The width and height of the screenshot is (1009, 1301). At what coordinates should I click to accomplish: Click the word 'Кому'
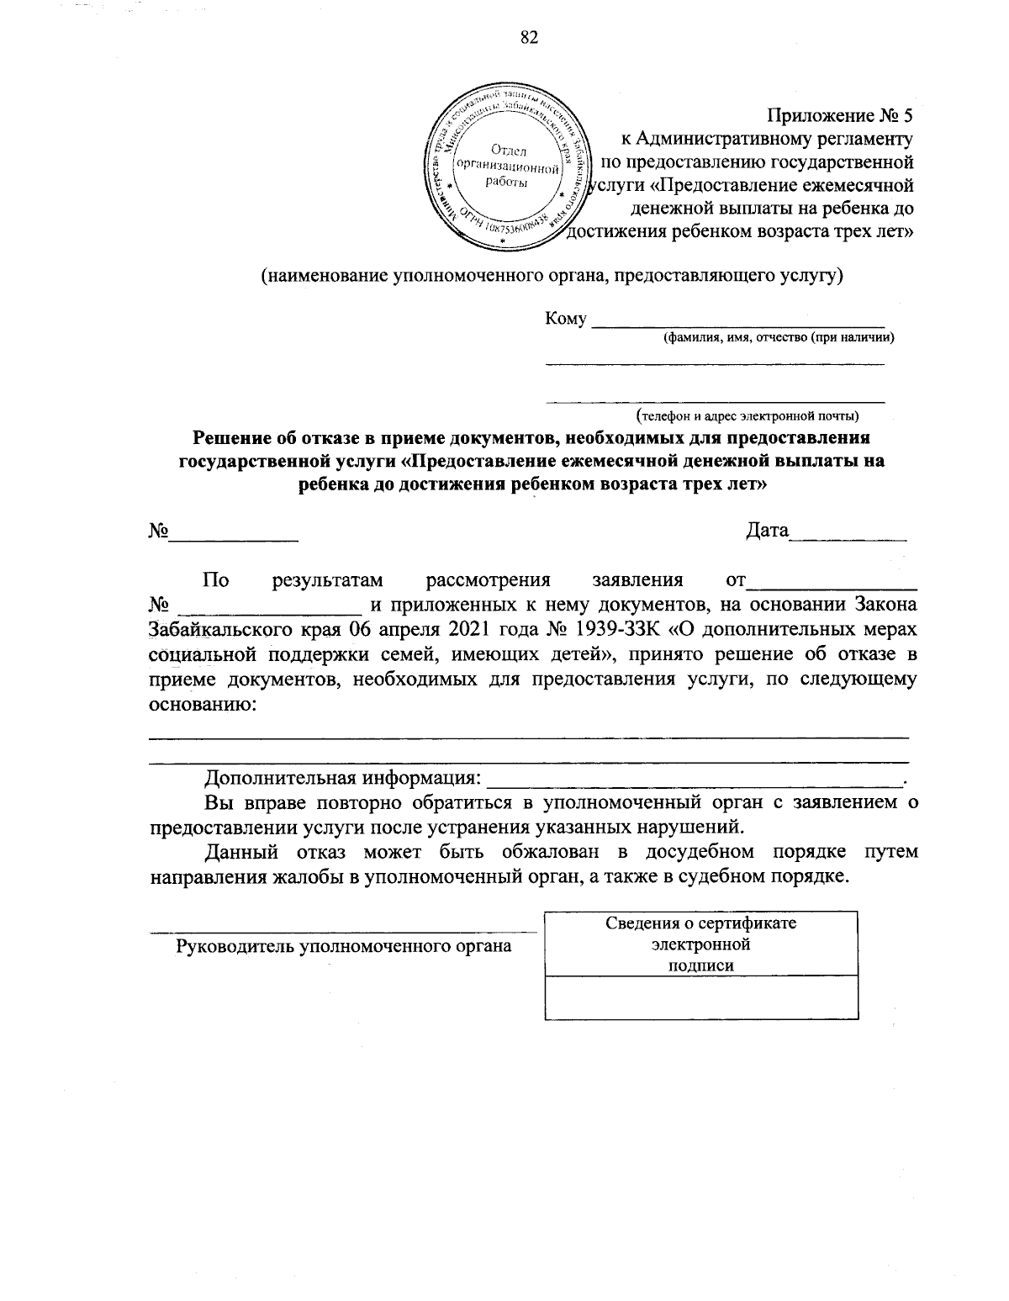(565, 320)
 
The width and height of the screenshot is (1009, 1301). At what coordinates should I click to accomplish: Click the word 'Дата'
(767, 531)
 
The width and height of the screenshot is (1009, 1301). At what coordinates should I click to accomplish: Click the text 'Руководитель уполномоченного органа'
(344, 946)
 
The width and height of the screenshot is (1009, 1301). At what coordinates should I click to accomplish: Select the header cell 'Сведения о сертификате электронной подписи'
(701, 944)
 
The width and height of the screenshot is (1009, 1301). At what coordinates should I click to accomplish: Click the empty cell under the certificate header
(701, 998)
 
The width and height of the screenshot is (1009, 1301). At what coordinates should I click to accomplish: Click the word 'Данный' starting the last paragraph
(242, 852)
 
